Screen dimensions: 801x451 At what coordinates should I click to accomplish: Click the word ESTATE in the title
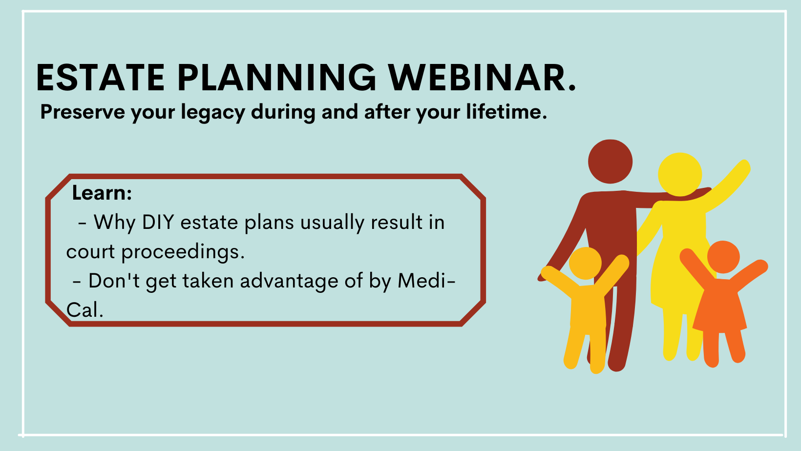pyautogui.click(x=100, y=78)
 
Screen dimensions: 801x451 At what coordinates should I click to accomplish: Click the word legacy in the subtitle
pyautogui.click(x=213, y=113)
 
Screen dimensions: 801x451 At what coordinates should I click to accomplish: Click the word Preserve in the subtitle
pyautogui.click(x=83, y=112)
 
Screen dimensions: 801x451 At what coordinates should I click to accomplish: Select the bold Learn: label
pyautogui.click(x=102, y=193)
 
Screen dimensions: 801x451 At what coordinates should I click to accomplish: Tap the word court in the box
pyautogui.click(x=90, y=252)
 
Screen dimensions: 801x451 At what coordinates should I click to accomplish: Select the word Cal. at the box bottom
pyautogui.click(x=85, y=310)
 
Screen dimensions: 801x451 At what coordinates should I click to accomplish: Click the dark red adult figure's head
pyautogui.click(x=610, y=162)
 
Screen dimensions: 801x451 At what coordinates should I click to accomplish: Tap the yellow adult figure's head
pyautogui.click(x=680, y=174)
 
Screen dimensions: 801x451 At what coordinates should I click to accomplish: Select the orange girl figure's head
pyautogui.click(x=723, y=257)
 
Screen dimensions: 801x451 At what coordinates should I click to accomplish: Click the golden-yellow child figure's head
pyautogui.click(x=586, y=264)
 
